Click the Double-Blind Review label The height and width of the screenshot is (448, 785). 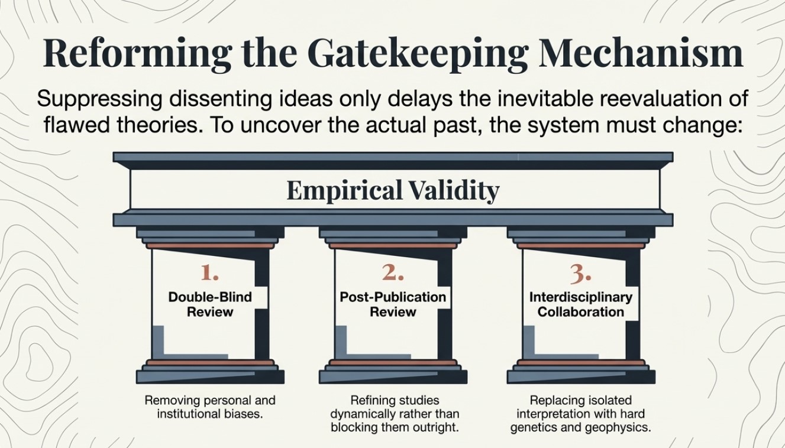point(210,304)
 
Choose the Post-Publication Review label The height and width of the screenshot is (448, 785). point(393,304)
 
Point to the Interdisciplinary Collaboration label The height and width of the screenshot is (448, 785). point(580,304)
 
